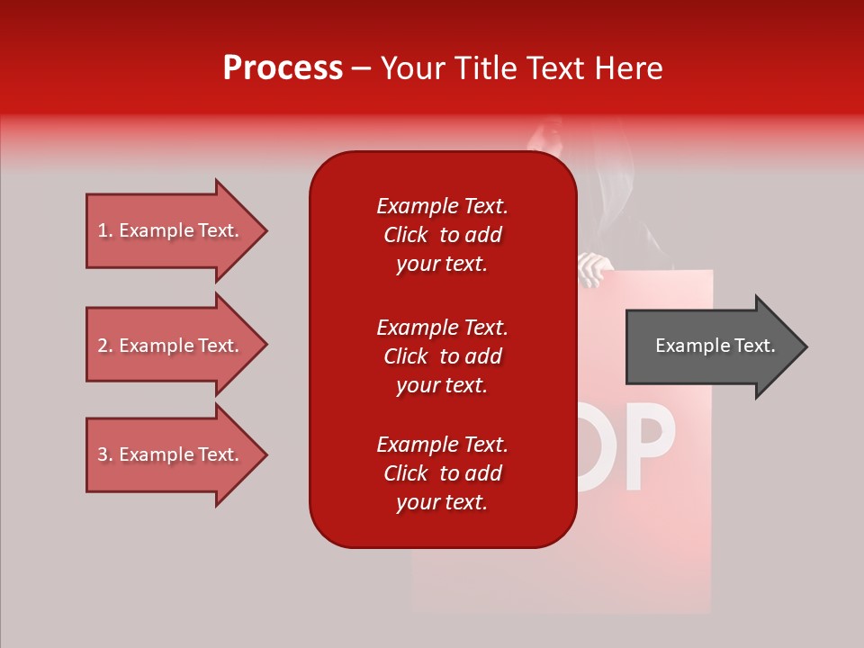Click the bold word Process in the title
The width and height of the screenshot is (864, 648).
[x=283, y=68]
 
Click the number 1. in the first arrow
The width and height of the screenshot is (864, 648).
[x=105, y=231]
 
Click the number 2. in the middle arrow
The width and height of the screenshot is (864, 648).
[x=105, y=346]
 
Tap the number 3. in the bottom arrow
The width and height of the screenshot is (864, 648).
[x=105, y=455]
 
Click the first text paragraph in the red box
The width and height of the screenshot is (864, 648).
[x=442, y=235]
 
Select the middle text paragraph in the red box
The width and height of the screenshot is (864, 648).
[x=442, y=356]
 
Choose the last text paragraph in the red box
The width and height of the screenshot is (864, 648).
[x=442, y=473]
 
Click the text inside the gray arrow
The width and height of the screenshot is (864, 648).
[x=715, y=346]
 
